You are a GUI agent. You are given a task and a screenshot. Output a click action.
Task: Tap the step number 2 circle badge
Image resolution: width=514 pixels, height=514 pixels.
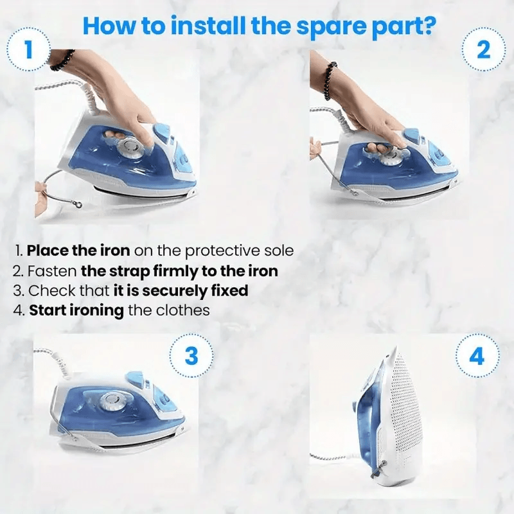[484, 49]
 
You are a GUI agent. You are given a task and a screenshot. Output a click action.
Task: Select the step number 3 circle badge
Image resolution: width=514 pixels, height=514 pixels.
[191, 355]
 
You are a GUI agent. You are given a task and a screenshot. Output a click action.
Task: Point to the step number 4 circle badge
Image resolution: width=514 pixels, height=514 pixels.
[477, 355]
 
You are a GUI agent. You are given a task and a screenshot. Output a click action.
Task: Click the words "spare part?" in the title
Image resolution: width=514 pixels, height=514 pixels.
[367, 26]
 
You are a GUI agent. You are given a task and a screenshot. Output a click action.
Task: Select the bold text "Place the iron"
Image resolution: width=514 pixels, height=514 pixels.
[78, 251]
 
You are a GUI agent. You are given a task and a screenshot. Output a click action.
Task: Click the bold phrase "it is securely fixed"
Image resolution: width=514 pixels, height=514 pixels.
[181, 290]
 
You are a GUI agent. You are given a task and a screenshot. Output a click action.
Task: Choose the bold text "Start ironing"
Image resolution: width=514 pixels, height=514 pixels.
[76, 310]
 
